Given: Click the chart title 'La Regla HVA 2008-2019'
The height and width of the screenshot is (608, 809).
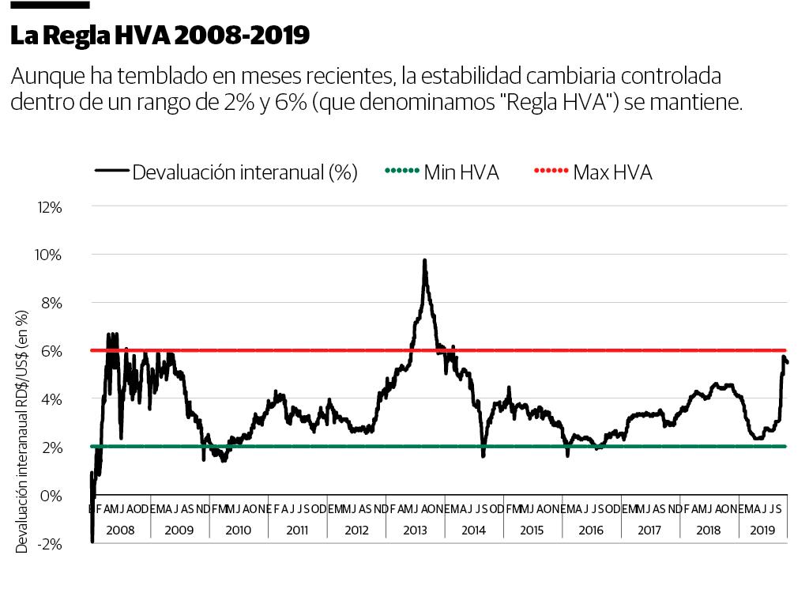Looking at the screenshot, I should pyautogui.click(x=160, y=36).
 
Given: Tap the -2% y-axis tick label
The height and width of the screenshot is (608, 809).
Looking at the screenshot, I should pyautogui.click(x=50, y=544).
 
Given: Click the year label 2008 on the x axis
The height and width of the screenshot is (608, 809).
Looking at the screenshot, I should pyautogui.click(x=121, y=530).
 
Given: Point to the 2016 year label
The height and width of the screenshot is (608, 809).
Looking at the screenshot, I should pyautogui.click(x=591, y=530).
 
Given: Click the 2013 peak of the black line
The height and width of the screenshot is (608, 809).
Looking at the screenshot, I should pyautogui.click(x=424, y=260).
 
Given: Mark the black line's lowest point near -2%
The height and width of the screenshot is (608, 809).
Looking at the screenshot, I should pyautogui.click(x=92, y=541).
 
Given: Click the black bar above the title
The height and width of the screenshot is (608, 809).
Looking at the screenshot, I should pyautogui.click(x=49, y=5).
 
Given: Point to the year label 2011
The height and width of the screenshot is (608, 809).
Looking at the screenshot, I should pyautogui.click(x=297, y=530).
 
